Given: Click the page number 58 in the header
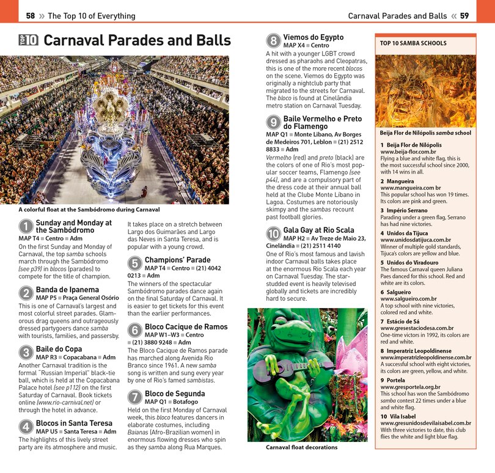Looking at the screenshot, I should coord(30,16).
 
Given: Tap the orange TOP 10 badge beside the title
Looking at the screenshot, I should coord(28,40).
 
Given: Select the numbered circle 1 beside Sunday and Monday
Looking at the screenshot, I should coord(26,227).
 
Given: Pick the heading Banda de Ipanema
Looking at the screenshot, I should coord(67,289).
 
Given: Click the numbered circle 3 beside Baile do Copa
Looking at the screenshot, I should coord(26,353).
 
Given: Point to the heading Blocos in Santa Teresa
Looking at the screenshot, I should coord(74,423).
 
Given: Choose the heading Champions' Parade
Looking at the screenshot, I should coord(177,260).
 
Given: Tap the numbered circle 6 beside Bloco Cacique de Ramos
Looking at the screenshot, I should coord(134,331).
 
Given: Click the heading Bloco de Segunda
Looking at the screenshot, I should coord(175,394).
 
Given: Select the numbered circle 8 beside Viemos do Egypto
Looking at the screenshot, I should coord(273,41).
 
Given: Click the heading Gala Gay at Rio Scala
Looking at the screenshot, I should coord(318,230).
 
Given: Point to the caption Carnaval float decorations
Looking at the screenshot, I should coord(301,447).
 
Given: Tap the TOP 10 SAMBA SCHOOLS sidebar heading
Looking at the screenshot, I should coord(413,43).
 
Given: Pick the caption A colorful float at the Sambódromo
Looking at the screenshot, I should coord(89,210).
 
